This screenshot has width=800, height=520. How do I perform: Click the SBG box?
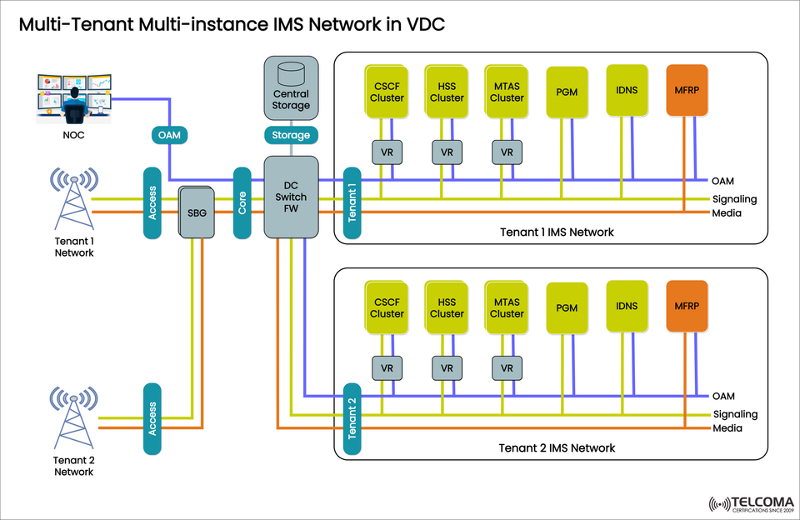pos(197,212)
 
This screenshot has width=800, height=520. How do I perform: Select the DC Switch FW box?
pos(290,197)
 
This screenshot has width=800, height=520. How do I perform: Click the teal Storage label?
pos(290,135)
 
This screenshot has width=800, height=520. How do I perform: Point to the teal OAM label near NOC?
pos(169,135)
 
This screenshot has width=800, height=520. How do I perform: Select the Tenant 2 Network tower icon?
pos(74,416)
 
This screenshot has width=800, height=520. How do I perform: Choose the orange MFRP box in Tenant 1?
pos(687,89)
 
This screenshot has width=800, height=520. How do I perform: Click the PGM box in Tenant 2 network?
pos(567,307)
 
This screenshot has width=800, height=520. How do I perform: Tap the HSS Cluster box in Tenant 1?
pos(446,91)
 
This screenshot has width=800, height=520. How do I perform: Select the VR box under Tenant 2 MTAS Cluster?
pos(506,367)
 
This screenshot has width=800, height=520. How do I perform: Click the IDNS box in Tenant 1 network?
pos(627,89)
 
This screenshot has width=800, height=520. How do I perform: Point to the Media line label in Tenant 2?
pos(727,429)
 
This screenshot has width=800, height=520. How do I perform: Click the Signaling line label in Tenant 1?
pos(734,199)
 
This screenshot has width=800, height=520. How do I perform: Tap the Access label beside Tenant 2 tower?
pos(152,418)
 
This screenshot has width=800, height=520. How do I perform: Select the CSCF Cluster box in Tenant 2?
pos(386,307)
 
